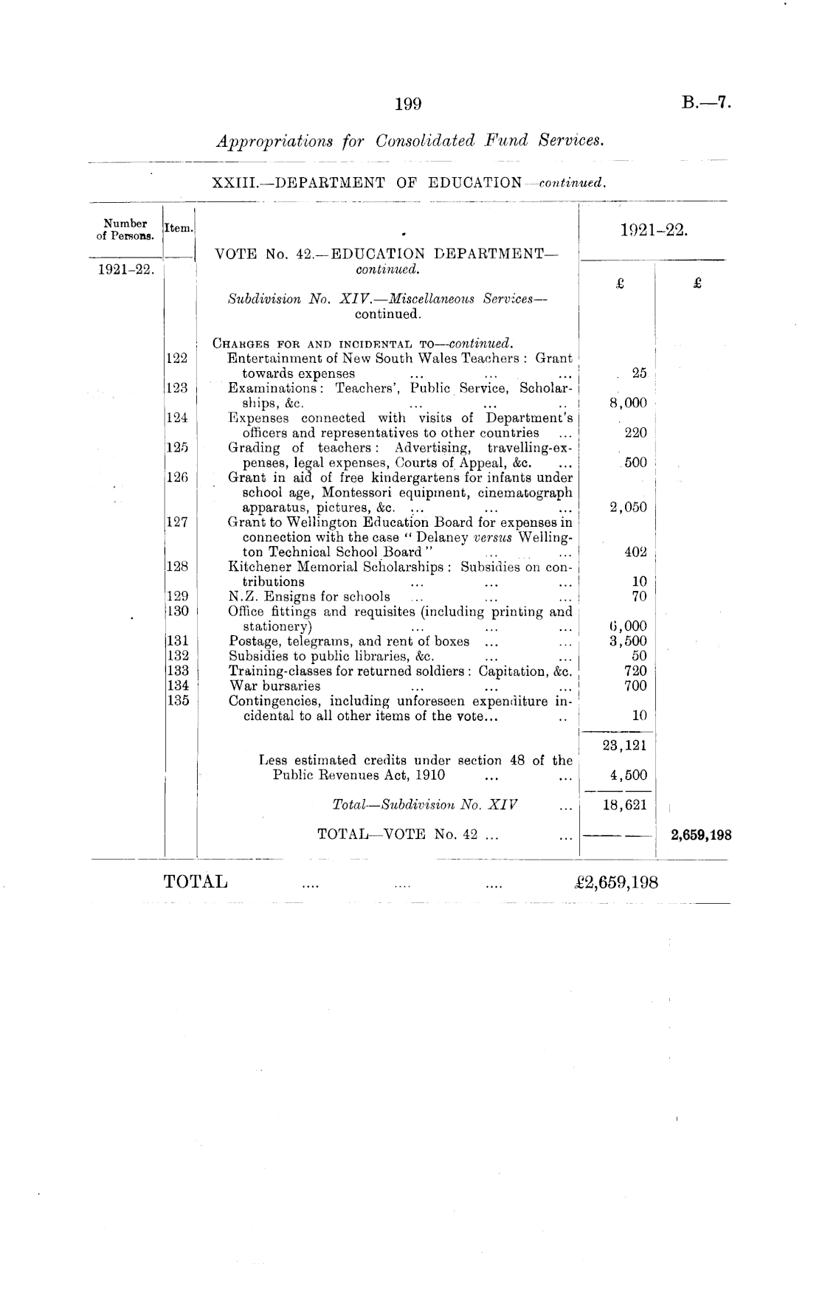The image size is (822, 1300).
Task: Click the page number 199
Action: coord(408,104)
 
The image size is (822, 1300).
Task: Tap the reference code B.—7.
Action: coord(706,103)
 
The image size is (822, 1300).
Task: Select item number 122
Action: coord(176,359)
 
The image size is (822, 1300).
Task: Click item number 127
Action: coord(176,522)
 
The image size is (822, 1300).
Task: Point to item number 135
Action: coord(176,701)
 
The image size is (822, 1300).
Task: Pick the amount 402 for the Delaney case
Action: coord(635,552)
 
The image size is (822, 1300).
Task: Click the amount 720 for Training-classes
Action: coord(635,671)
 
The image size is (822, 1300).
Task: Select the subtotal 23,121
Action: coord(624,745)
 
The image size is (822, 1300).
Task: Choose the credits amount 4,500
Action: coord(627,775)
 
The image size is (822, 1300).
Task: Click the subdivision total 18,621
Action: coord(624,805)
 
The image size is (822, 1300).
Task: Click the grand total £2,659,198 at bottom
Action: coord(609,882)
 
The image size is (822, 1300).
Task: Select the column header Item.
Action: coord(179,229)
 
